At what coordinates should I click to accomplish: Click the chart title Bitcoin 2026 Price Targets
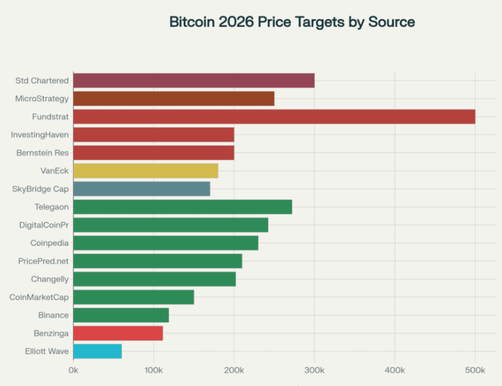pos(292,22)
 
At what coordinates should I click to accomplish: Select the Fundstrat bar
pos(274,117)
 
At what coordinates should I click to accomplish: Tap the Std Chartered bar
pos(193,81)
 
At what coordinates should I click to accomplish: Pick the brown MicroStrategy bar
pos(174,99)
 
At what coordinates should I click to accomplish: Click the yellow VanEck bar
pos(145,171)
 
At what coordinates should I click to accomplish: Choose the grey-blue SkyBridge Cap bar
pos(142,189)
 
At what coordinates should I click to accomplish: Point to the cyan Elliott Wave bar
pos(97,351)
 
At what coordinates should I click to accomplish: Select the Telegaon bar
pos(182,207)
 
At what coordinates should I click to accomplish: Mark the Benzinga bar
pos(118,333)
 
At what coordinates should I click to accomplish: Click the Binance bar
pos(121,315)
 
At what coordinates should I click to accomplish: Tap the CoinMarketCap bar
pos(133,297)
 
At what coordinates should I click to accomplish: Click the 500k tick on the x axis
pos(475,370)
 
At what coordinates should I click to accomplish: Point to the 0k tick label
pos(74,370)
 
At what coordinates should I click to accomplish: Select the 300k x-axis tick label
pos(314,370)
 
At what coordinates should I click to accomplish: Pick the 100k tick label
pos(154,370)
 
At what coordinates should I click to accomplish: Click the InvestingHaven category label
pos(40,135)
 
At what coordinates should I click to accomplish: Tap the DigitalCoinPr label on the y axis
pos(44,225)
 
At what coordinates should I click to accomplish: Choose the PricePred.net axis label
pos(44,261)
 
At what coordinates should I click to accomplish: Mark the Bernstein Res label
pos(42,153)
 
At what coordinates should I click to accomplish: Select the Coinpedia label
pos(49,243)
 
